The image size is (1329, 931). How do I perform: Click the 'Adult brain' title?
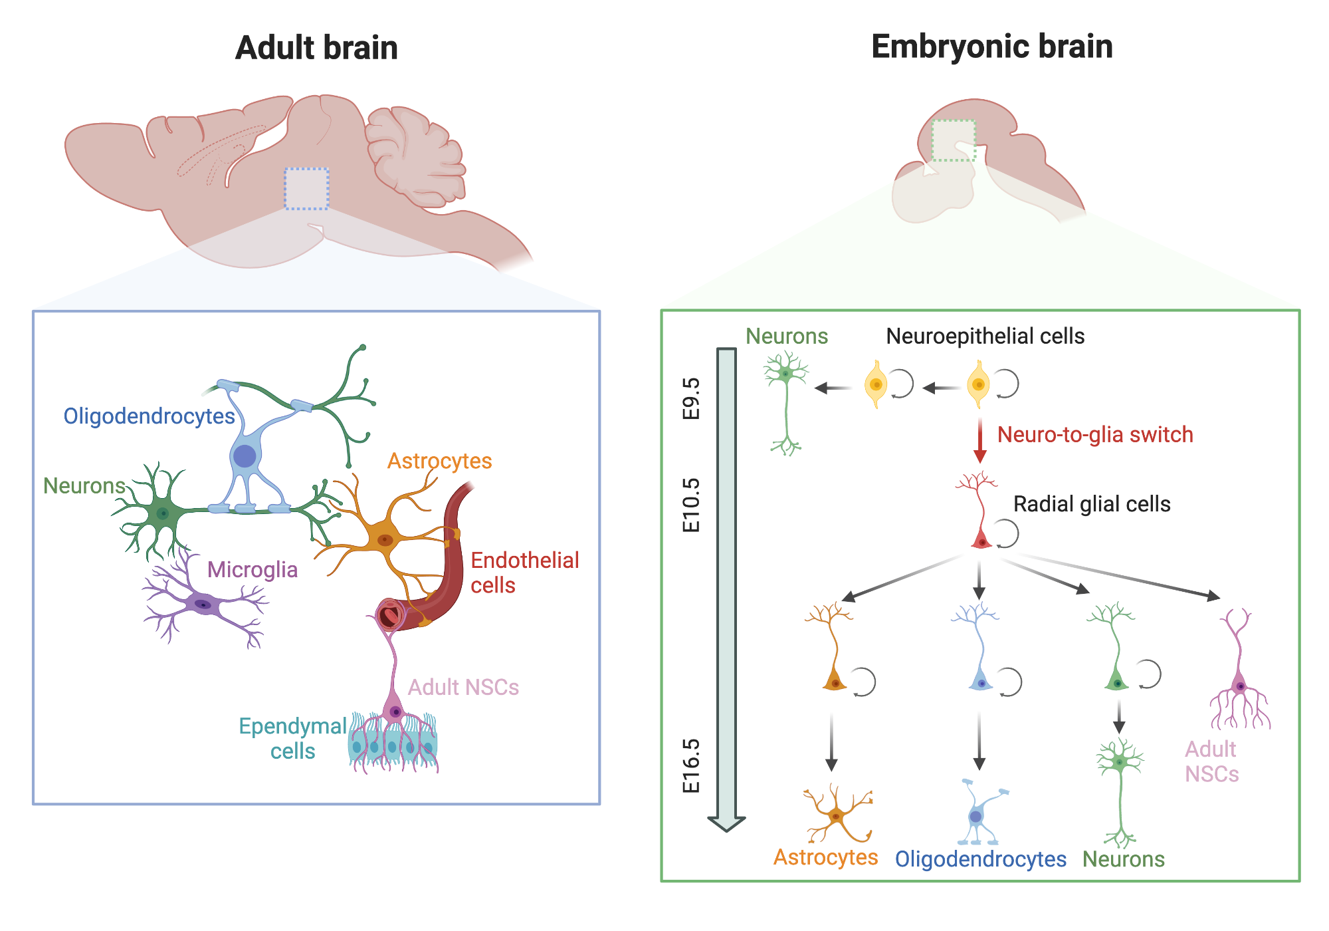coord(316,48)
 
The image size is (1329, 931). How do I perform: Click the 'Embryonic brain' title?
coord(991,47)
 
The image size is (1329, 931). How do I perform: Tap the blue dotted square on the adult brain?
coord(306,189)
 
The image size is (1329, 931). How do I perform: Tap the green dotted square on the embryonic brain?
coord(953,140)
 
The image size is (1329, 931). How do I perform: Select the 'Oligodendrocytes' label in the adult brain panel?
coord(149,416)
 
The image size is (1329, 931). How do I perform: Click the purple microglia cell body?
coord(202,604)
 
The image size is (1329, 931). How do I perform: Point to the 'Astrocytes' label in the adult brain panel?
coord(439,461)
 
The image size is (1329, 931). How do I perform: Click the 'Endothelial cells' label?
coord(524,573)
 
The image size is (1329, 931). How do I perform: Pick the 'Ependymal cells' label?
coord(292,738)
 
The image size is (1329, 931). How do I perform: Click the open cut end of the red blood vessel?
coord(390,615)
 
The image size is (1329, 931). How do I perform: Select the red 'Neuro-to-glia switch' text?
coord(1094,435)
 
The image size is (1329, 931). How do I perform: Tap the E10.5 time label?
coord(691,505)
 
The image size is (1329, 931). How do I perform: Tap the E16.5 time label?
coord(691,765)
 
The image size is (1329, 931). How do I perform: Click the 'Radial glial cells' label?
coord(1091,504)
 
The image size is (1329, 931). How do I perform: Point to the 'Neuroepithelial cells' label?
coord(985,336)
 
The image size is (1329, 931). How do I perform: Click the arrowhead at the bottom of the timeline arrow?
coord(726,823)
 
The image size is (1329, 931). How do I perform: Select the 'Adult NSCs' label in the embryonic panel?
coord(1211,761)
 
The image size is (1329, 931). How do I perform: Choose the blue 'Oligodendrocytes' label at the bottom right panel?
coord(980,859)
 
